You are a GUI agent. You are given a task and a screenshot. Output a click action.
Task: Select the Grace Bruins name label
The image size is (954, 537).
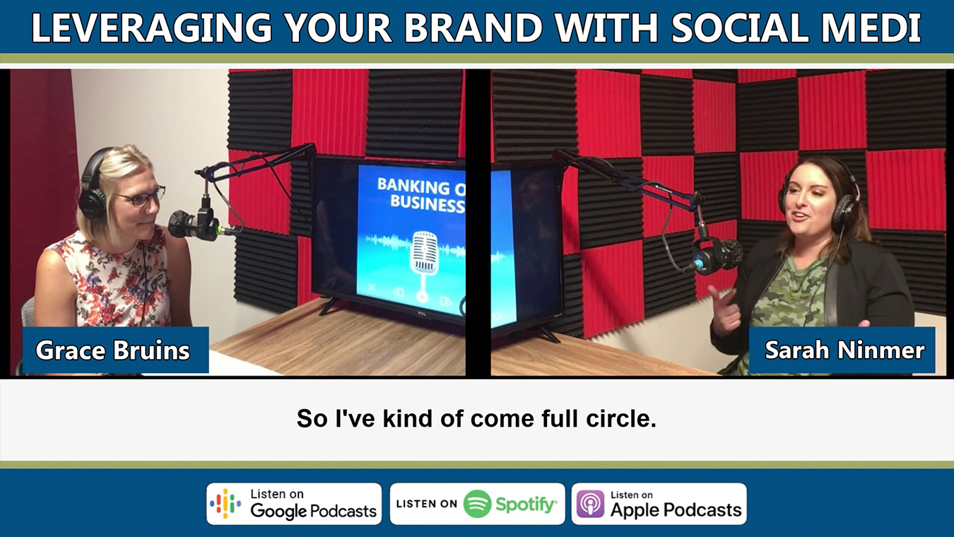tap(113, 350)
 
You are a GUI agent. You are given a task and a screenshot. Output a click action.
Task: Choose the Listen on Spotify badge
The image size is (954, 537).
tap(477, 504)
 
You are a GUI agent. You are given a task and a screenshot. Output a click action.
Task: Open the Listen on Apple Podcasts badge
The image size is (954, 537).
tap(659, 504)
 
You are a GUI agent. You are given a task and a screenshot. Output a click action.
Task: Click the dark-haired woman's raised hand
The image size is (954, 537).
tap(724, 311)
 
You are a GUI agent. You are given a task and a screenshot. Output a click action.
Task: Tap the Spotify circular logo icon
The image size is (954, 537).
tap(477, 504)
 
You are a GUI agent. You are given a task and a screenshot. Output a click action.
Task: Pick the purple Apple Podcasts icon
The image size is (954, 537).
tap(590, 504)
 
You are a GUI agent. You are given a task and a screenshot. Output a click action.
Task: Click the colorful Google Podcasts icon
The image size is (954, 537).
tap(225, 504)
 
